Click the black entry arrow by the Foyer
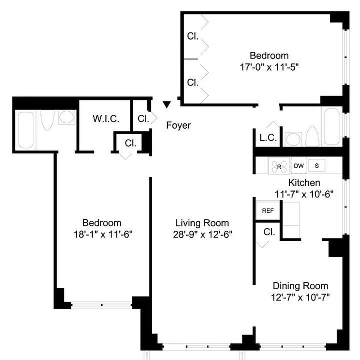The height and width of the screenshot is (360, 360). click(167, 104)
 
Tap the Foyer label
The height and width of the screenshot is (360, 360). click(178, 126)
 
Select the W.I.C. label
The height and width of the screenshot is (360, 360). click(106, 119)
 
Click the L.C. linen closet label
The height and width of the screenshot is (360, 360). click(268, 138)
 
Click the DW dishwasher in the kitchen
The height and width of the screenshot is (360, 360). click(299, 166)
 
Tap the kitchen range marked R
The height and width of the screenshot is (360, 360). click(279, 166)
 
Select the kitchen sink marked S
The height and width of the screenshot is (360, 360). click(317, 166)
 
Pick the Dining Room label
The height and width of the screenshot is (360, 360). click(300, 286)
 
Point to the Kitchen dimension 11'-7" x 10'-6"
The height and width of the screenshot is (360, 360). click(304, 194)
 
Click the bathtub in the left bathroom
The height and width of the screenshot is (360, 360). click(25, 130)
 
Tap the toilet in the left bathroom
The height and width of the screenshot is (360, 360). click(47, 121)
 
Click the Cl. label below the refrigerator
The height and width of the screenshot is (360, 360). click(269, 232)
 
